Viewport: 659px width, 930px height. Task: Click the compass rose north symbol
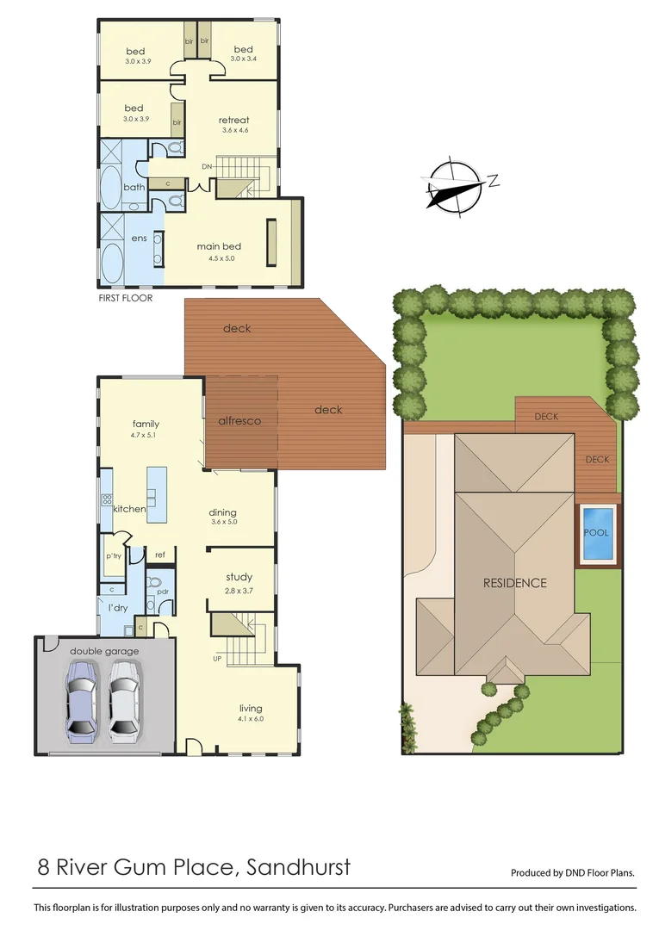(x=455, y=185)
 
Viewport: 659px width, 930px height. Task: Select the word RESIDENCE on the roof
(x=514, y=583)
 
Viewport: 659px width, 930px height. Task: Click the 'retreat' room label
(x=233, y=120)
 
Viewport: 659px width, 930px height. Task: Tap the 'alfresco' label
(x=241, y=420)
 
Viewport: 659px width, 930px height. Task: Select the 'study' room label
(x=239, y=578)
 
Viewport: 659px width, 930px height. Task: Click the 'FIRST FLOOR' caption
(x=126, y=298)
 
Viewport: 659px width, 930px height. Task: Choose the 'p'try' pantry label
(x=114, y=556)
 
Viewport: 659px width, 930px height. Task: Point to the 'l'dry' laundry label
(x=117, y=608)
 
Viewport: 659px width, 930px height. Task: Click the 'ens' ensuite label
(x=139, y=238)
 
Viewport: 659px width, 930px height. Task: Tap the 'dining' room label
(x=222, y=512)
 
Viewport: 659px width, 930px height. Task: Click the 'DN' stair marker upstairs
(x=207, y=166)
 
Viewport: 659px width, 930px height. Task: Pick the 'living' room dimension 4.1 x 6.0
(x=251, y=719)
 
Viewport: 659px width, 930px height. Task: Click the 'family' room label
(x=146, y=424)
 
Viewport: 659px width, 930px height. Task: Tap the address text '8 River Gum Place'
(x=134, y=866)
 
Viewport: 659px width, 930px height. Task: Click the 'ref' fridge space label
(x=159, y=555)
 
